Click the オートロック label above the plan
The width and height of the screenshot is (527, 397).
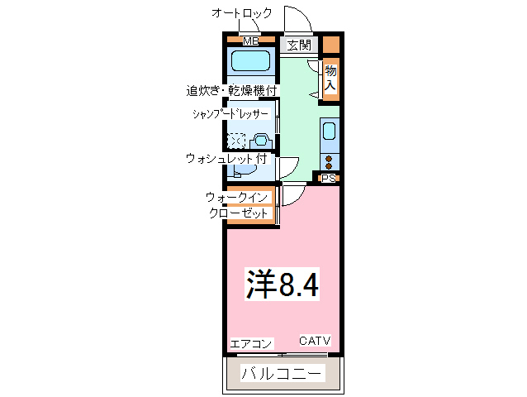(240, 13)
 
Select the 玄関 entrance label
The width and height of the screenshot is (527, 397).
(299, 45)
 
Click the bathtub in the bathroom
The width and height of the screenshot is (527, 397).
(251, 61)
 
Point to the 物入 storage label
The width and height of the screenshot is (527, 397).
(330, 78)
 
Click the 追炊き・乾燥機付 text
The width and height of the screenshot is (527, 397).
(231, 89)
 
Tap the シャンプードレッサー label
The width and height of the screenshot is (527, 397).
(230, 114)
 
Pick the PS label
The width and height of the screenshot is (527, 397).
(329, 178)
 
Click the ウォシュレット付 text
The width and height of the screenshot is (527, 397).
(226, 157)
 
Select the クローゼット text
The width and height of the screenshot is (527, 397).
(239, 213)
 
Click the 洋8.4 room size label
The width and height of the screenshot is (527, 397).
(282, 285)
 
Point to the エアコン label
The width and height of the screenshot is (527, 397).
(251, 343)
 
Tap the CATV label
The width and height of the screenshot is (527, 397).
(315, 341)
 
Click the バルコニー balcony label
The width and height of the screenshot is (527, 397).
(282, 373)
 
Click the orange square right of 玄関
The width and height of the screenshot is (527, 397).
(330, 45)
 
